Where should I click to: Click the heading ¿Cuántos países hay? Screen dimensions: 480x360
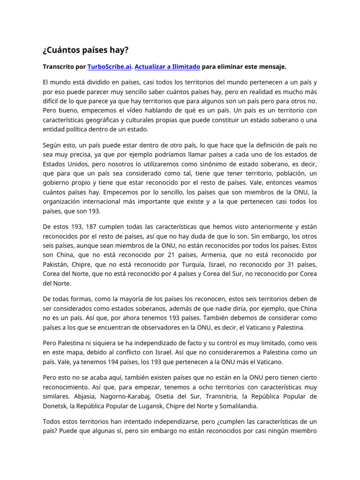[x=82, y=50]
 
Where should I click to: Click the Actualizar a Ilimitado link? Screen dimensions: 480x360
[x=167, y=67]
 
